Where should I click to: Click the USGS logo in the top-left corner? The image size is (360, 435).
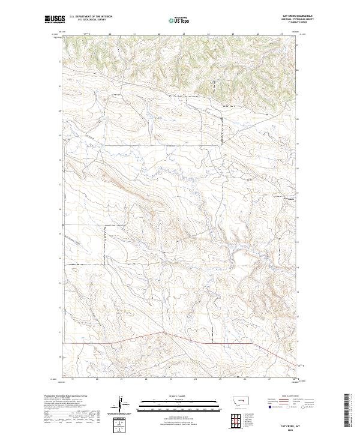point(54,20)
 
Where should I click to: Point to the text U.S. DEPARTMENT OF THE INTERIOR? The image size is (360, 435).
point(91,17)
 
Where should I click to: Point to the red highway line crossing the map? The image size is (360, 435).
point(228,343)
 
